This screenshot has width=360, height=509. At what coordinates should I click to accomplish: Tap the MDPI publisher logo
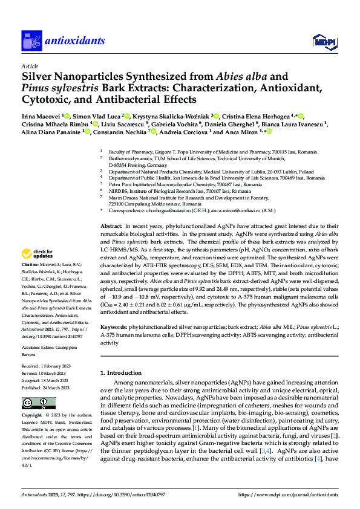[x=322, y=41]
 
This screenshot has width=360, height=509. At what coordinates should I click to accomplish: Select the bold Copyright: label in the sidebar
[x=33, y=416]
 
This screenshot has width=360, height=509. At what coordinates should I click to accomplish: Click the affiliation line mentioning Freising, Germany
[x=140, y=164]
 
